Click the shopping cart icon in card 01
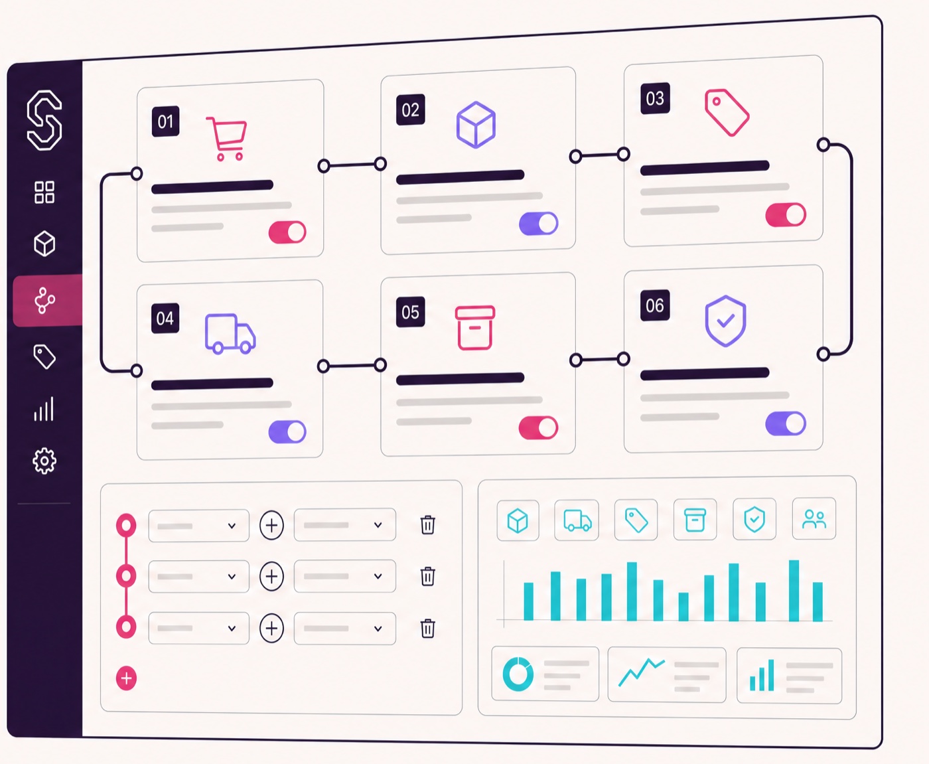pyautogui.click(x=227, y=139)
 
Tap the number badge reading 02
pyautogui.click(x=411, y=110)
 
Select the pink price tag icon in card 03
pyautogui.click(x=727, y=112)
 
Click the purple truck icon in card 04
pyautogui.click(x=230, y=333)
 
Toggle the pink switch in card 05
pyautogui.click(x=538, y=427)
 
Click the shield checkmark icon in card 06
pyautogui.click(x=725, y=321)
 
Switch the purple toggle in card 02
pyautogui.click(x=538, y=224)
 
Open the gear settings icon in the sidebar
pyautogui.click(x=44, y=461)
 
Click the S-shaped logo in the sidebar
pyautogui.click(x=44, y=120)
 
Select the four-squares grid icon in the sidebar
pyautogui.click(x=44, y=192)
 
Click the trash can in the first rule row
pyautogui.click(x=428, y=525)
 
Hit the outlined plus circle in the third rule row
pyautogui.click(x=271, y=628)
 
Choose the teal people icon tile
pyautogui.click(x=814, y=518)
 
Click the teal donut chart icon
pyautogui.click(x=518, y=674)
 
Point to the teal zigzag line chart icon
pyautogui.click(x=641, y=672)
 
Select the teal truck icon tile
pyautogui.click(x=577, y=520)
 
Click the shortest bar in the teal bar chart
pyautogui.click(x=683, y=607)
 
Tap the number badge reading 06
pyautogui.click(x=655, y=305)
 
